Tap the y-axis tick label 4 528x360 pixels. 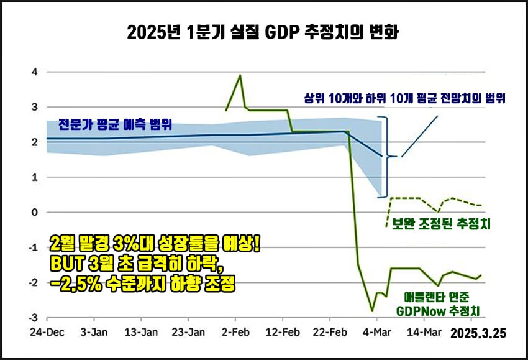click(35, 72)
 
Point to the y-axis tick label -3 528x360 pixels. click(33, 317)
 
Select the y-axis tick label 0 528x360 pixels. click(35, 212)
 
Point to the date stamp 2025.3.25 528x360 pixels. click(478, 334)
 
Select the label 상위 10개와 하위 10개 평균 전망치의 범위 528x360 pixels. click(404, 98)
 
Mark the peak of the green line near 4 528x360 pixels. click(240, 75)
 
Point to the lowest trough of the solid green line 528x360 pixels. click(372, 310)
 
